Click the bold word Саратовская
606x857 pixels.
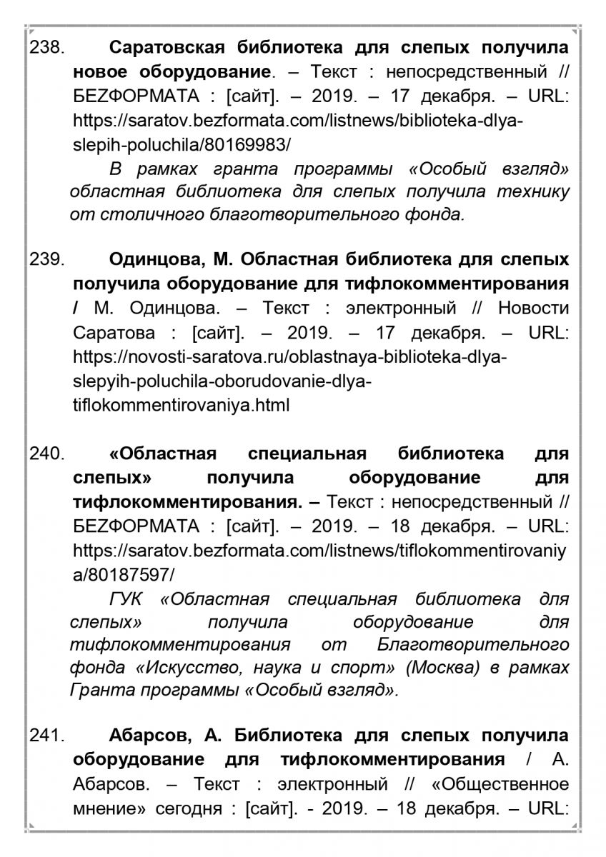[167, 49]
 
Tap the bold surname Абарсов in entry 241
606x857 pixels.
[146, 736]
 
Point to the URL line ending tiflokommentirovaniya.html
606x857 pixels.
[181, 406]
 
